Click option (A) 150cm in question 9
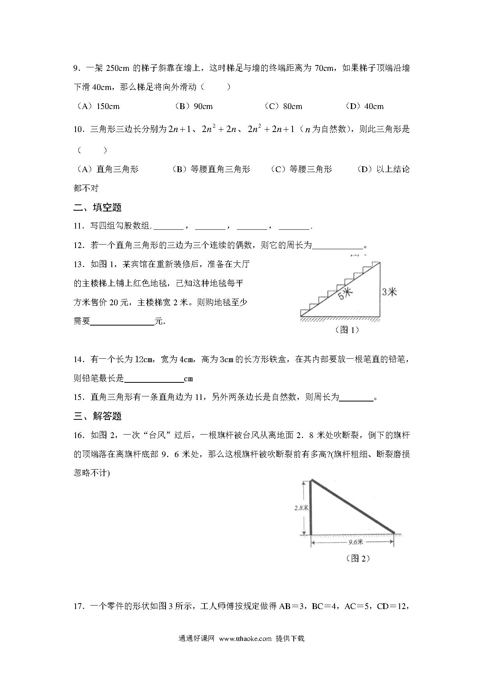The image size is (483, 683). (97, 106)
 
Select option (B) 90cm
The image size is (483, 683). (193, 106)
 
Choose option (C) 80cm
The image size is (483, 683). (283, 106)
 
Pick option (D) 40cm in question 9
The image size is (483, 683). (364, 106)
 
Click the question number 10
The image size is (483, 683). (79, 130)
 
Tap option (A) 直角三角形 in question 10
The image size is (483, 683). (106, 169)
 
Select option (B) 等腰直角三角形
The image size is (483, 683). (211, 169)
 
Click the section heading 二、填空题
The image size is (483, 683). (97, 207)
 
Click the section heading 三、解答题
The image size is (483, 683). (97, 416)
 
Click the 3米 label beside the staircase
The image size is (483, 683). (389, 291)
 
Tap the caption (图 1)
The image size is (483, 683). (347, 330)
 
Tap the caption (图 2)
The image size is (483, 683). (358, 558)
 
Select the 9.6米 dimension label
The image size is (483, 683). (355, 542)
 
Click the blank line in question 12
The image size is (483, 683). (337, 246)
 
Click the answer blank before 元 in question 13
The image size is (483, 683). (122, 322)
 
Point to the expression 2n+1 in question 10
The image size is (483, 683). (179, 129)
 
